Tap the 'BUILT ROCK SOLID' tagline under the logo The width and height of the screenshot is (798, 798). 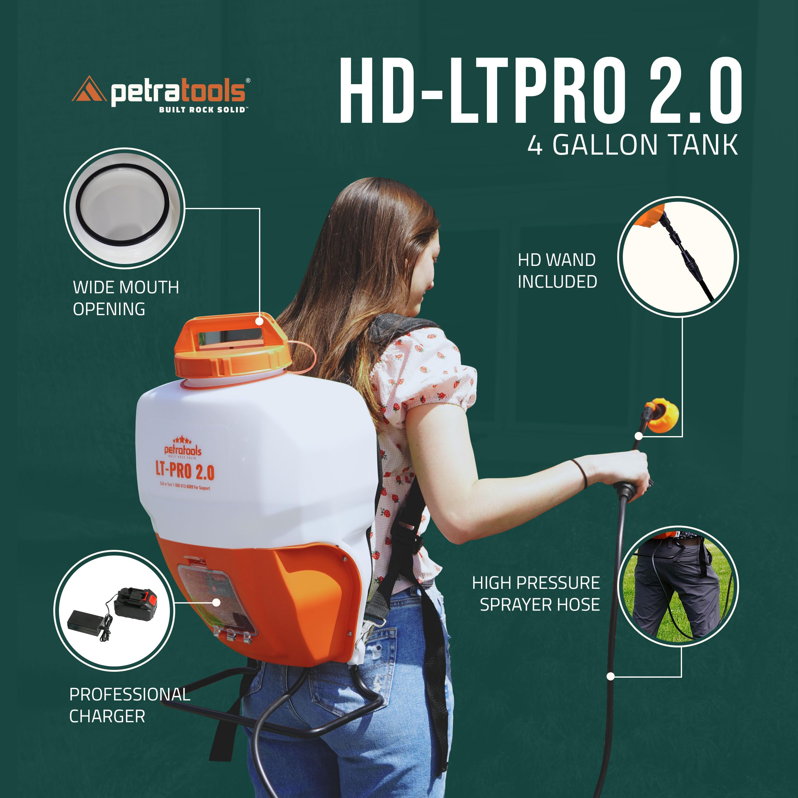tap(202, 109)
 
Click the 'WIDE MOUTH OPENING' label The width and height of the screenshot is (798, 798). tap(126, 298)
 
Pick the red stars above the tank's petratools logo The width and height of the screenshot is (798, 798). tap(182, 440)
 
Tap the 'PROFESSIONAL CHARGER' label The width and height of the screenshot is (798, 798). tap(129, 705)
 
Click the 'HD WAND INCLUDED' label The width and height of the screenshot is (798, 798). tap(557, 271)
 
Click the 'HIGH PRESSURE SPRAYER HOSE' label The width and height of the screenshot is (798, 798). tap(536, 594)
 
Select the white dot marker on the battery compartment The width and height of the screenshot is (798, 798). tap(216, 603)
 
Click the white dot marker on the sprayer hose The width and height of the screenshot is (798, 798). tap(610, 676)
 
